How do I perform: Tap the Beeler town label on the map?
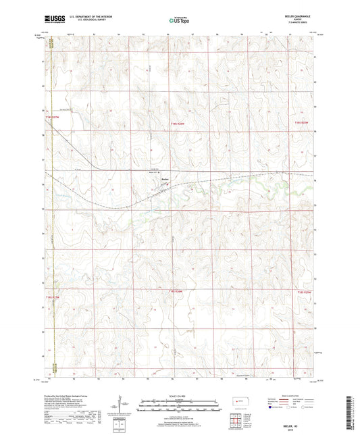[x=165, y=179]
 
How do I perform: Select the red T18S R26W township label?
[x=177, y=122]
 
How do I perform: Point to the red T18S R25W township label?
[x=302, y=122]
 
